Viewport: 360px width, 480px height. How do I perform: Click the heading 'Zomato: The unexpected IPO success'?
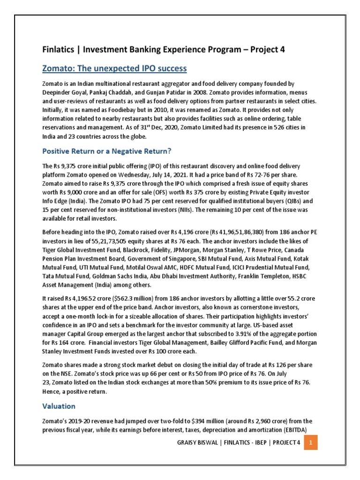[114, 69]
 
